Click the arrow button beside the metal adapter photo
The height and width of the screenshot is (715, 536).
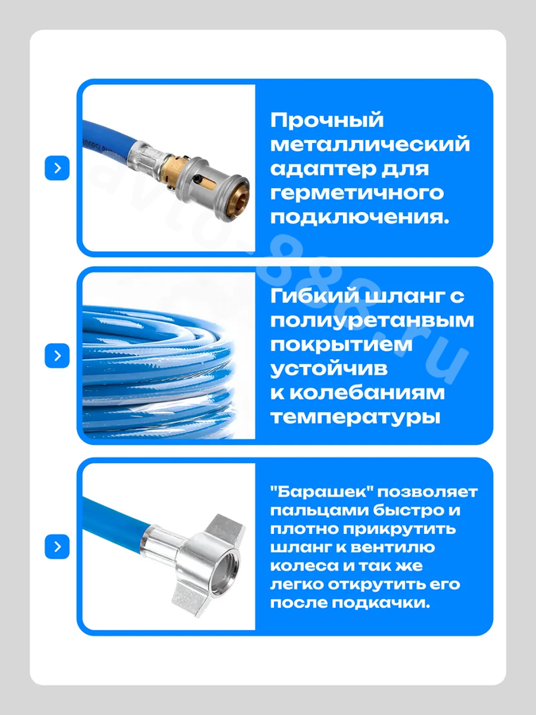pos(57,168)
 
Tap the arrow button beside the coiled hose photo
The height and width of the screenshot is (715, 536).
pos(57,356)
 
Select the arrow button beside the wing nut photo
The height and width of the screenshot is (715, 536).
pos(57,547)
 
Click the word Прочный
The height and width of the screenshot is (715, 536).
pos(327,121)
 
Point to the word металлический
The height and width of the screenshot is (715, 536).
pos(369,144)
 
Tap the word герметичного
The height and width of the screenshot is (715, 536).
pos(357,192)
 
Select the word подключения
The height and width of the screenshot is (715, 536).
pos(360,217)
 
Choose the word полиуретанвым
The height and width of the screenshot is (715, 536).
pos(372,321)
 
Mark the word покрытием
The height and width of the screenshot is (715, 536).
pos(341,344)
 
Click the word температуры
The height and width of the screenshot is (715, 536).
pos(356,417)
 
